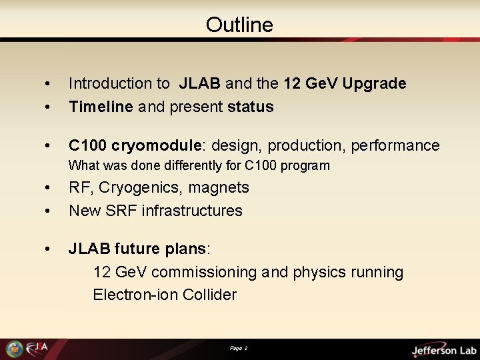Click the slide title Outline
pyautogui.click(x=239, y=25)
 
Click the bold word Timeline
pyautogui.click(x=101, y=107)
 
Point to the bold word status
pyautogui.click(x=251, y=107)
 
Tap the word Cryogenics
pyautogui.click(x=135, y=188)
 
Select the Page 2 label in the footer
pyautogui.click(x=239, y=348)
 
